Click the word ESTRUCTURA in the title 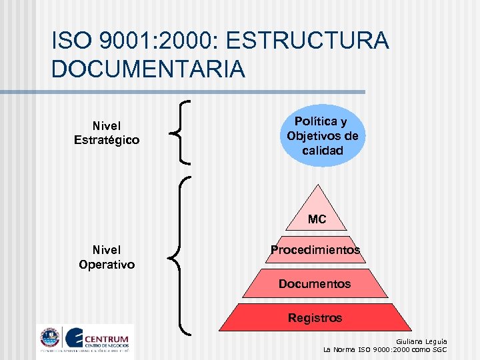[307, 41]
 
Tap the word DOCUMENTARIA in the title [149, 69]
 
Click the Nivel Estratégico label [107, 133]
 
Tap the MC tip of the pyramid [317, 217]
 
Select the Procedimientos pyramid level [315, 250]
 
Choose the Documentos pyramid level [315, 284]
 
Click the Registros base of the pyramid [315, 318]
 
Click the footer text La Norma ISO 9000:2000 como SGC [385, 349]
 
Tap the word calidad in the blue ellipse [323, 151]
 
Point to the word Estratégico [107, 140]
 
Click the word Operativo [107, 265]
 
